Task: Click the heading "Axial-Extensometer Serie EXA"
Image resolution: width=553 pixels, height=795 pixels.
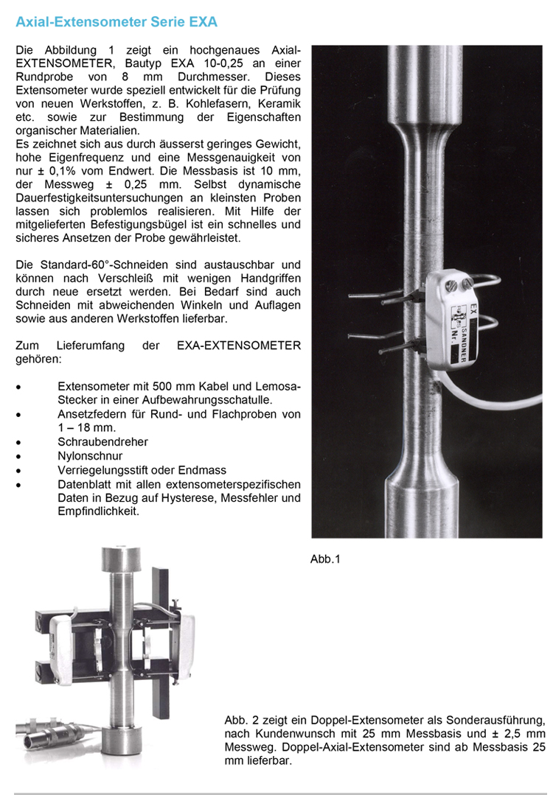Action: click(116, 22)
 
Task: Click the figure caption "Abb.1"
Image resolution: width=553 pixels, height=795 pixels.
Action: click(325, 559)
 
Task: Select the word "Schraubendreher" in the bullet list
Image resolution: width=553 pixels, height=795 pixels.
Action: click(102, 441)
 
